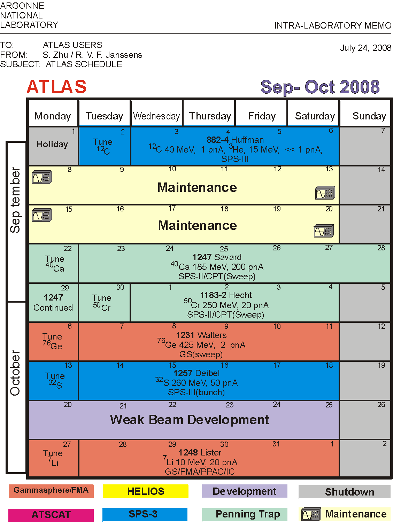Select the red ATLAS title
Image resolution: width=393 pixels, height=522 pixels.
57,87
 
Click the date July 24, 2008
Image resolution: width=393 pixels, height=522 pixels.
365,48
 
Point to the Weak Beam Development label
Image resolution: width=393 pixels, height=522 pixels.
190,420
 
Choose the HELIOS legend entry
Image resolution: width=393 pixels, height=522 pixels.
146,491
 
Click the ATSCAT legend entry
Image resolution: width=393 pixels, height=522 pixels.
51,515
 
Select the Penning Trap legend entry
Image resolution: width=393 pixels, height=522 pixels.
245,514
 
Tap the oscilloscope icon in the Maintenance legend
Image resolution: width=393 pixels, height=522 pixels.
311,514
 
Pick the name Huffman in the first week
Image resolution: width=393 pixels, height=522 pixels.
247,140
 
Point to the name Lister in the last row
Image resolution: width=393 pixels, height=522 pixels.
210,452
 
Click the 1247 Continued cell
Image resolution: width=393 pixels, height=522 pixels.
53,303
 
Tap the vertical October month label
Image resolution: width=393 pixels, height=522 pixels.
15,373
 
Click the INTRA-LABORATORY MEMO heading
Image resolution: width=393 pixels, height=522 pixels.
333,25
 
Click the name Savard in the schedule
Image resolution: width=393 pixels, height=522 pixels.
228,257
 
